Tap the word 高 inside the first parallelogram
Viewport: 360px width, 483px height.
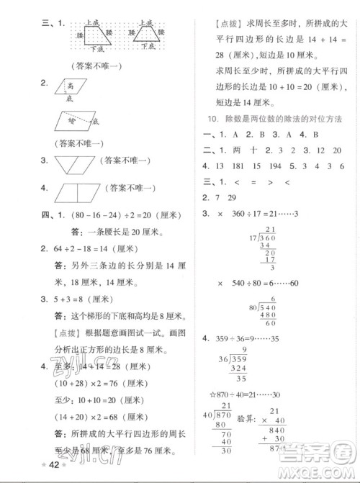tap(68, 87)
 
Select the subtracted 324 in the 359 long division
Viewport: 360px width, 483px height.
tap(256, 368)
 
